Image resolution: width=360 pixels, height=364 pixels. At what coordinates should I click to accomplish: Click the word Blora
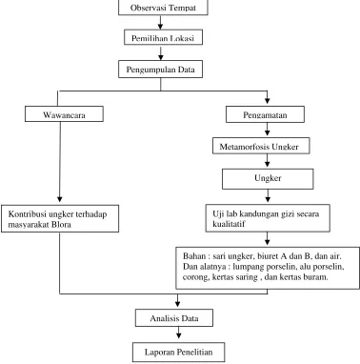click(61, 225)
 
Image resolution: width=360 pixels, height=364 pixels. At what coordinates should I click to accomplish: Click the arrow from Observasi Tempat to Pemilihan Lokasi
click(161, 23)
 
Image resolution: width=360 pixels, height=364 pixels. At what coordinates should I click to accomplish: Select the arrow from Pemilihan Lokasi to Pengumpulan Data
click(161, 52)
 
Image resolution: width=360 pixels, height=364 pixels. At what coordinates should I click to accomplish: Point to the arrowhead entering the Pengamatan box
click(268, 101)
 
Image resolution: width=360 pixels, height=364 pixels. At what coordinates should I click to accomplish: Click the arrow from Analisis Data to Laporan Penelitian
click(178, 333)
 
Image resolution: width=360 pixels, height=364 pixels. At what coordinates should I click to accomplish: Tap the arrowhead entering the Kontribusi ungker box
click(60, 199)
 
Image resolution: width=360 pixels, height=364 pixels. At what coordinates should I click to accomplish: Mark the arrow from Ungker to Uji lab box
click(268, 195)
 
